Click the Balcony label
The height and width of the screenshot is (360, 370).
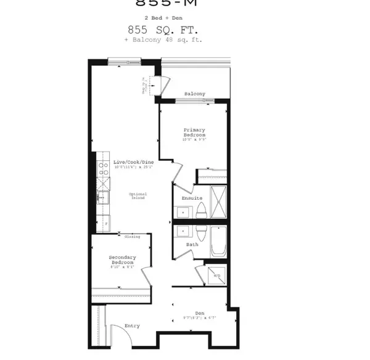coord(194,94)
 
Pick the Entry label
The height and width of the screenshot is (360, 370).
coord(132,325)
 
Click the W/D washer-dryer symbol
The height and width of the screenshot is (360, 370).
coord(216,275)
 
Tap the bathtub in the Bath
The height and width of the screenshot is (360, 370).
coord(219,242)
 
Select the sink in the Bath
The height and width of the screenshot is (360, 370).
coord(183,232)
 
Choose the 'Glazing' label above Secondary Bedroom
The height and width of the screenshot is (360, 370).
coord(132,237)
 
